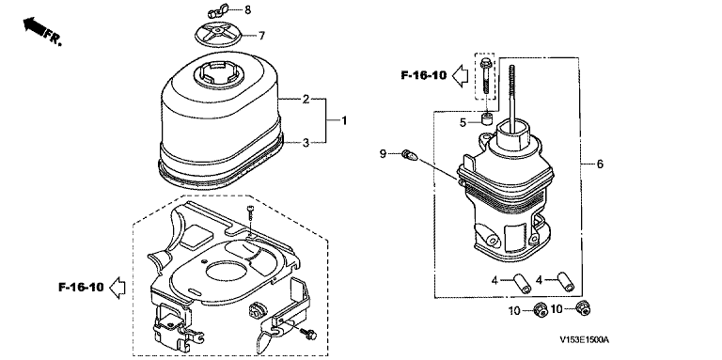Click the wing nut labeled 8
point(214,12)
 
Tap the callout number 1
point(344,120)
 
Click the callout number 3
point(306,143)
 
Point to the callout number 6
point(600,164)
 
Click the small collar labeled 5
point(488,118)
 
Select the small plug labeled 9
point(409,155)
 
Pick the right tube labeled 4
point(565,282)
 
